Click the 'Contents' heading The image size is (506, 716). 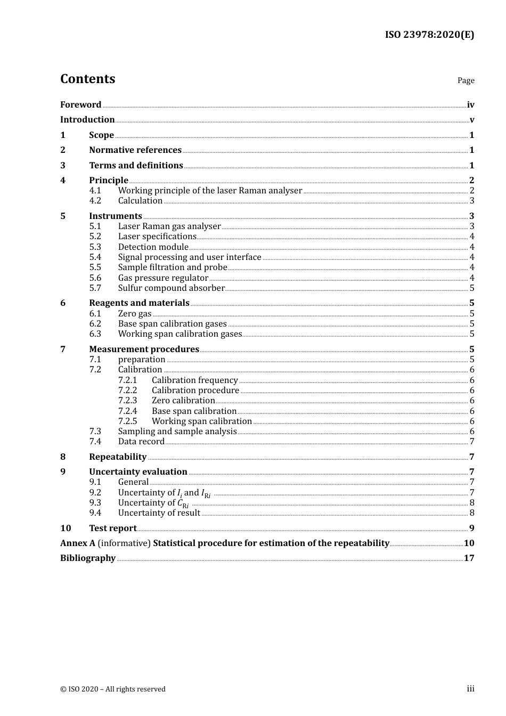[x=87, y=79]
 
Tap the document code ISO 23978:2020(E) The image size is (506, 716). [x=429, y=35]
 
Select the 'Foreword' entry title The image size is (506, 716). [x=80, y=105]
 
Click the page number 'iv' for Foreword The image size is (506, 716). [x=470, y=105]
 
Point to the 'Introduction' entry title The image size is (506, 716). [x=87, y=120]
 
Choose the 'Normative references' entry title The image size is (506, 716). [x=135, y=150]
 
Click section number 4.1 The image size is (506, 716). [x=95, y=191]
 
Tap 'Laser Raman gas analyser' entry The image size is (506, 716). [x=169, y=226]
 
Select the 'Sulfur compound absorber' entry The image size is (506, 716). [x=172, y=288]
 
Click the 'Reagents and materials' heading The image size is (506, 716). [x=139, y=303]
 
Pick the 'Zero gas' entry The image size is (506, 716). [x=135, y=314]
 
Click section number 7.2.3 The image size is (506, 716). [x=127, y=401]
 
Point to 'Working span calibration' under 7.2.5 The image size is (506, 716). [x=202, y=421]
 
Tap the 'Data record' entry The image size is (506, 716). [x=141, y=442]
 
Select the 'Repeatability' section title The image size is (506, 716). [x=118, y=457]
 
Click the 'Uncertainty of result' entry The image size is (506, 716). [x=159, y=513]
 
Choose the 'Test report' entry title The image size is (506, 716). [x=113, y=528]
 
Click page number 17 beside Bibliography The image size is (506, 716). [x=469, y=558]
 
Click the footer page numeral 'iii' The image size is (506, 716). [x=470, y=689]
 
